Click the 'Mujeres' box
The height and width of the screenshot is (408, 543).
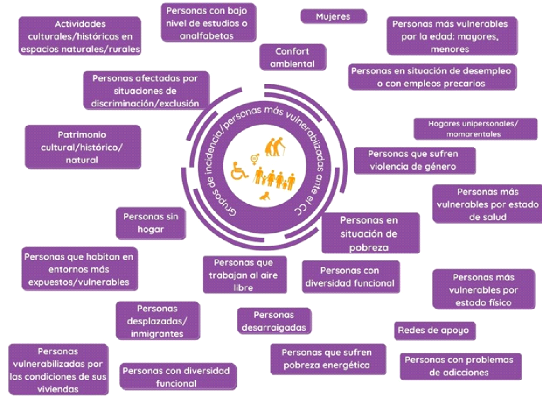pyautogui.click(x=333, y=16)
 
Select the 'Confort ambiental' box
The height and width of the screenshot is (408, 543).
pyautogui.click(x=292, y=57)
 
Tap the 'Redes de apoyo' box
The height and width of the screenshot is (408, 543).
pyautogui.click(x=433, y=330)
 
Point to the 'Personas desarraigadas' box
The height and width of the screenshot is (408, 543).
pyautogui.click(x=274, y=321)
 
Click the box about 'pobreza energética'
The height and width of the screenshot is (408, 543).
pyautogui.click(x=327, y=359)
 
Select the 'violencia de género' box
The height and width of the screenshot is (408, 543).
pyautogui.click(x=414, y=160)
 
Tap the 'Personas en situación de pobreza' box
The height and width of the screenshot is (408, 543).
pyautogui.click(x=370, y=233)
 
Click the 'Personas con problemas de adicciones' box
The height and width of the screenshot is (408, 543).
pyautogui.click(x=460, y=366)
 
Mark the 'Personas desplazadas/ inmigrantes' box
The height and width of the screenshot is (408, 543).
pyautogui.click(x=158, y=321)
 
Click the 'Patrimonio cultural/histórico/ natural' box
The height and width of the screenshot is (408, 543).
pyautogui.click(x=83, y=147)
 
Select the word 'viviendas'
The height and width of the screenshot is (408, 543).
pyautogui.click(x=57, y=389)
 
